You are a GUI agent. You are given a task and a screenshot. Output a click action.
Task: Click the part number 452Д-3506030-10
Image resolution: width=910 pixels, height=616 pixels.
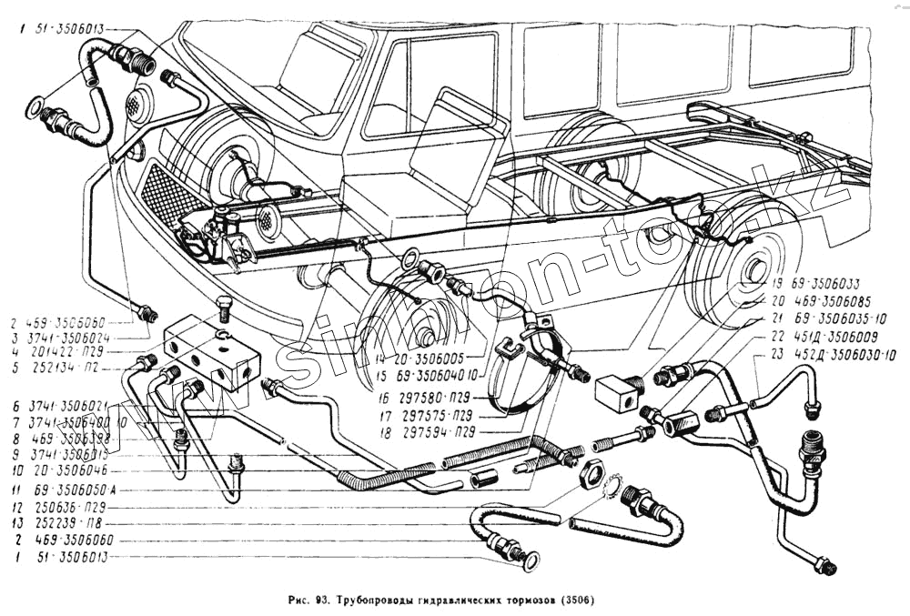click(834, 354)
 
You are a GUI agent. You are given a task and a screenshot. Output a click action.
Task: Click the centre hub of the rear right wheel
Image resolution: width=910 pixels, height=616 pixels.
click(754, 270)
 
